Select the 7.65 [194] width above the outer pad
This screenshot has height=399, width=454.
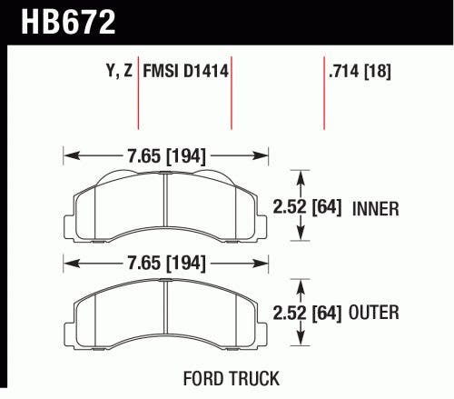pyautogui.click(x=166, y=264)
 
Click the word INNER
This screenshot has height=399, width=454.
pyautogui.click(x=374, y=208)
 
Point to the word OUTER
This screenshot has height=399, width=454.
pyautogui.click(x=374, y=314)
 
